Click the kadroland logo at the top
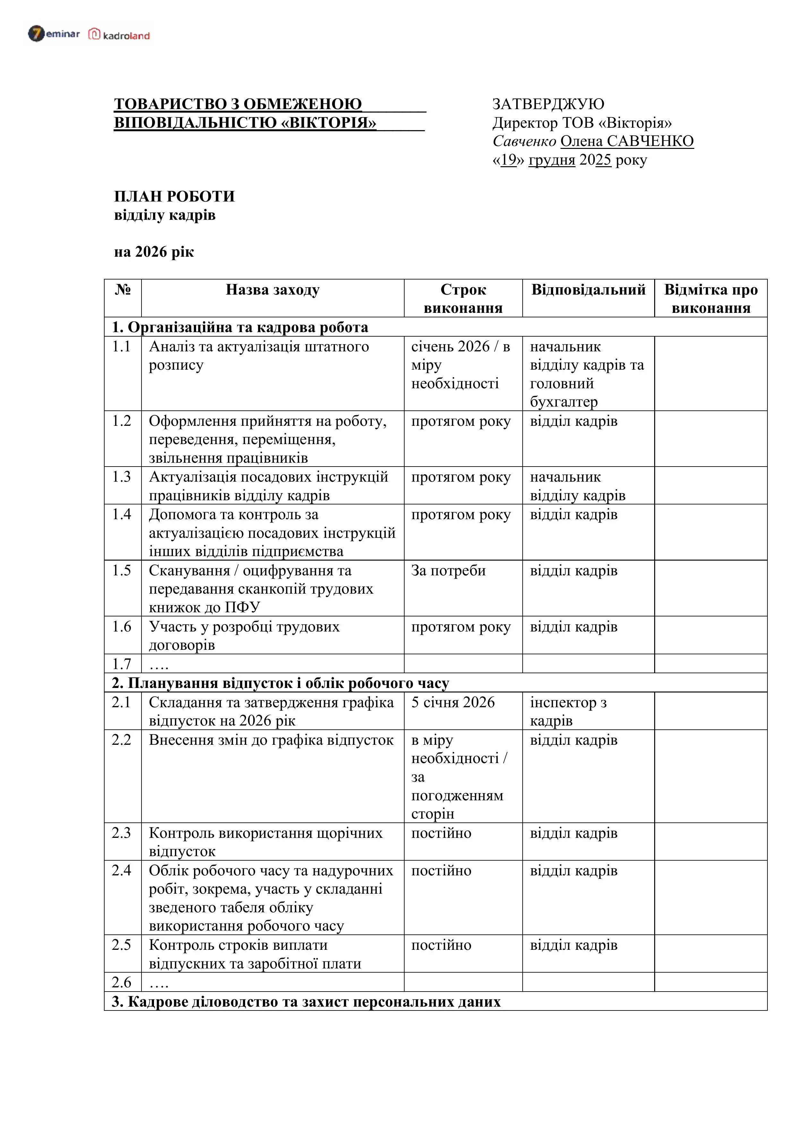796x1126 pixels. [119, 35]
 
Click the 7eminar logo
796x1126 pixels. [54, 34]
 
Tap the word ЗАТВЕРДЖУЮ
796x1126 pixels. [548, 104]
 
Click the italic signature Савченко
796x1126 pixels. [524, 141]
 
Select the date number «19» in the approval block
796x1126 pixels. [509, 160]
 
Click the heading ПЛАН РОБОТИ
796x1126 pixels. [174, 196]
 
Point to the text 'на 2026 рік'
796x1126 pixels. [154, 252]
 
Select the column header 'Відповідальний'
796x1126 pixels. [588, 290]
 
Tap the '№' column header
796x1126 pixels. [123, 290]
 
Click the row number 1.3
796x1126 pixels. [122, 477]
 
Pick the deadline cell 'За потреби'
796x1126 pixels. [448, 570]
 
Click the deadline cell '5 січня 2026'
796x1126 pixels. [453, 702]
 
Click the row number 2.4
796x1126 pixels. [122, 871]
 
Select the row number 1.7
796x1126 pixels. [122, 664]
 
